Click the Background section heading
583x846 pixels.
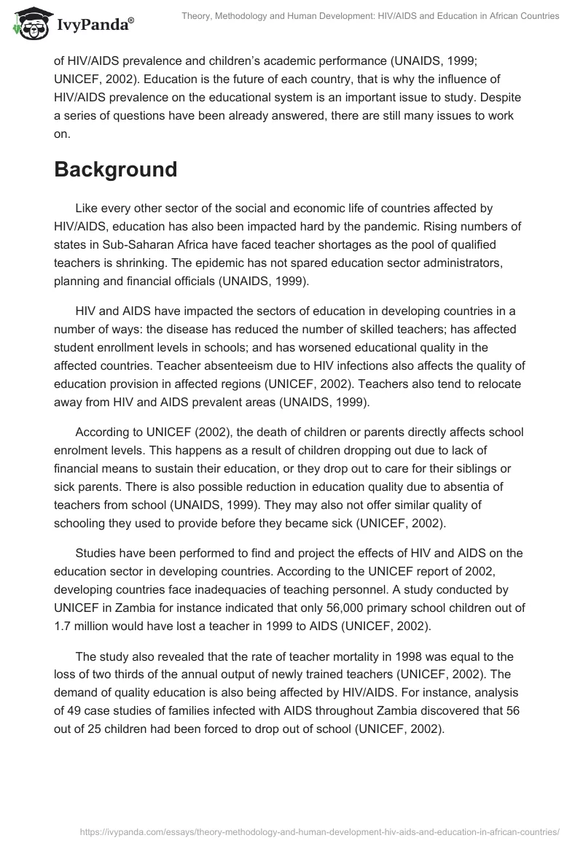tap(116, 169)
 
